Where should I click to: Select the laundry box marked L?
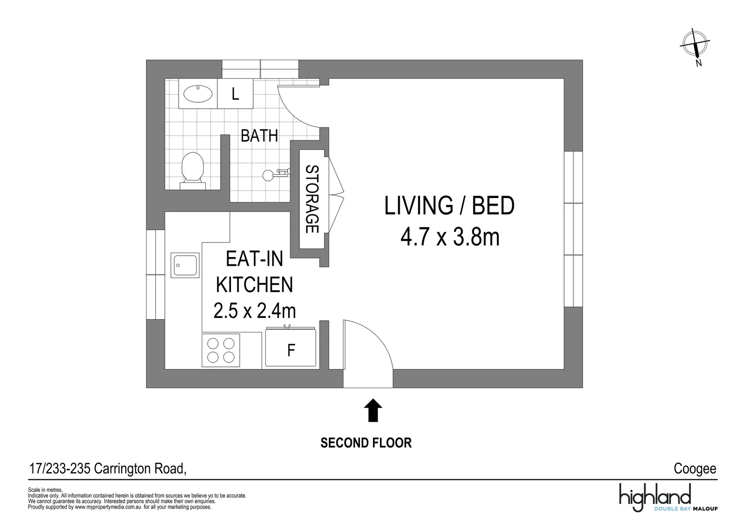click(235, 94)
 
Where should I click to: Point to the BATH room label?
click(259, 136)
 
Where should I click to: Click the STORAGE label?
click(311, 199)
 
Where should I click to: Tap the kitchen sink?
click(185, 265)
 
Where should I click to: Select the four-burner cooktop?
click(221, 351)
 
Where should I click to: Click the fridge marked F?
click(291, 350)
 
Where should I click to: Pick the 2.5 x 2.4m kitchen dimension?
click(255, 311)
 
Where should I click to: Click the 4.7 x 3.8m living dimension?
click(450, 238)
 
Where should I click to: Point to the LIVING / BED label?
click(449, 206)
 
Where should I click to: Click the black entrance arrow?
click(373, 410)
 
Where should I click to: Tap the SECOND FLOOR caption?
click(366, 443)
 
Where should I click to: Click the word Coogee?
click(695, 469)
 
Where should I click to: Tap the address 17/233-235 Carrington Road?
click(107, 469)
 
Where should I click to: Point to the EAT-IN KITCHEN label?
click(255, 272)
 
